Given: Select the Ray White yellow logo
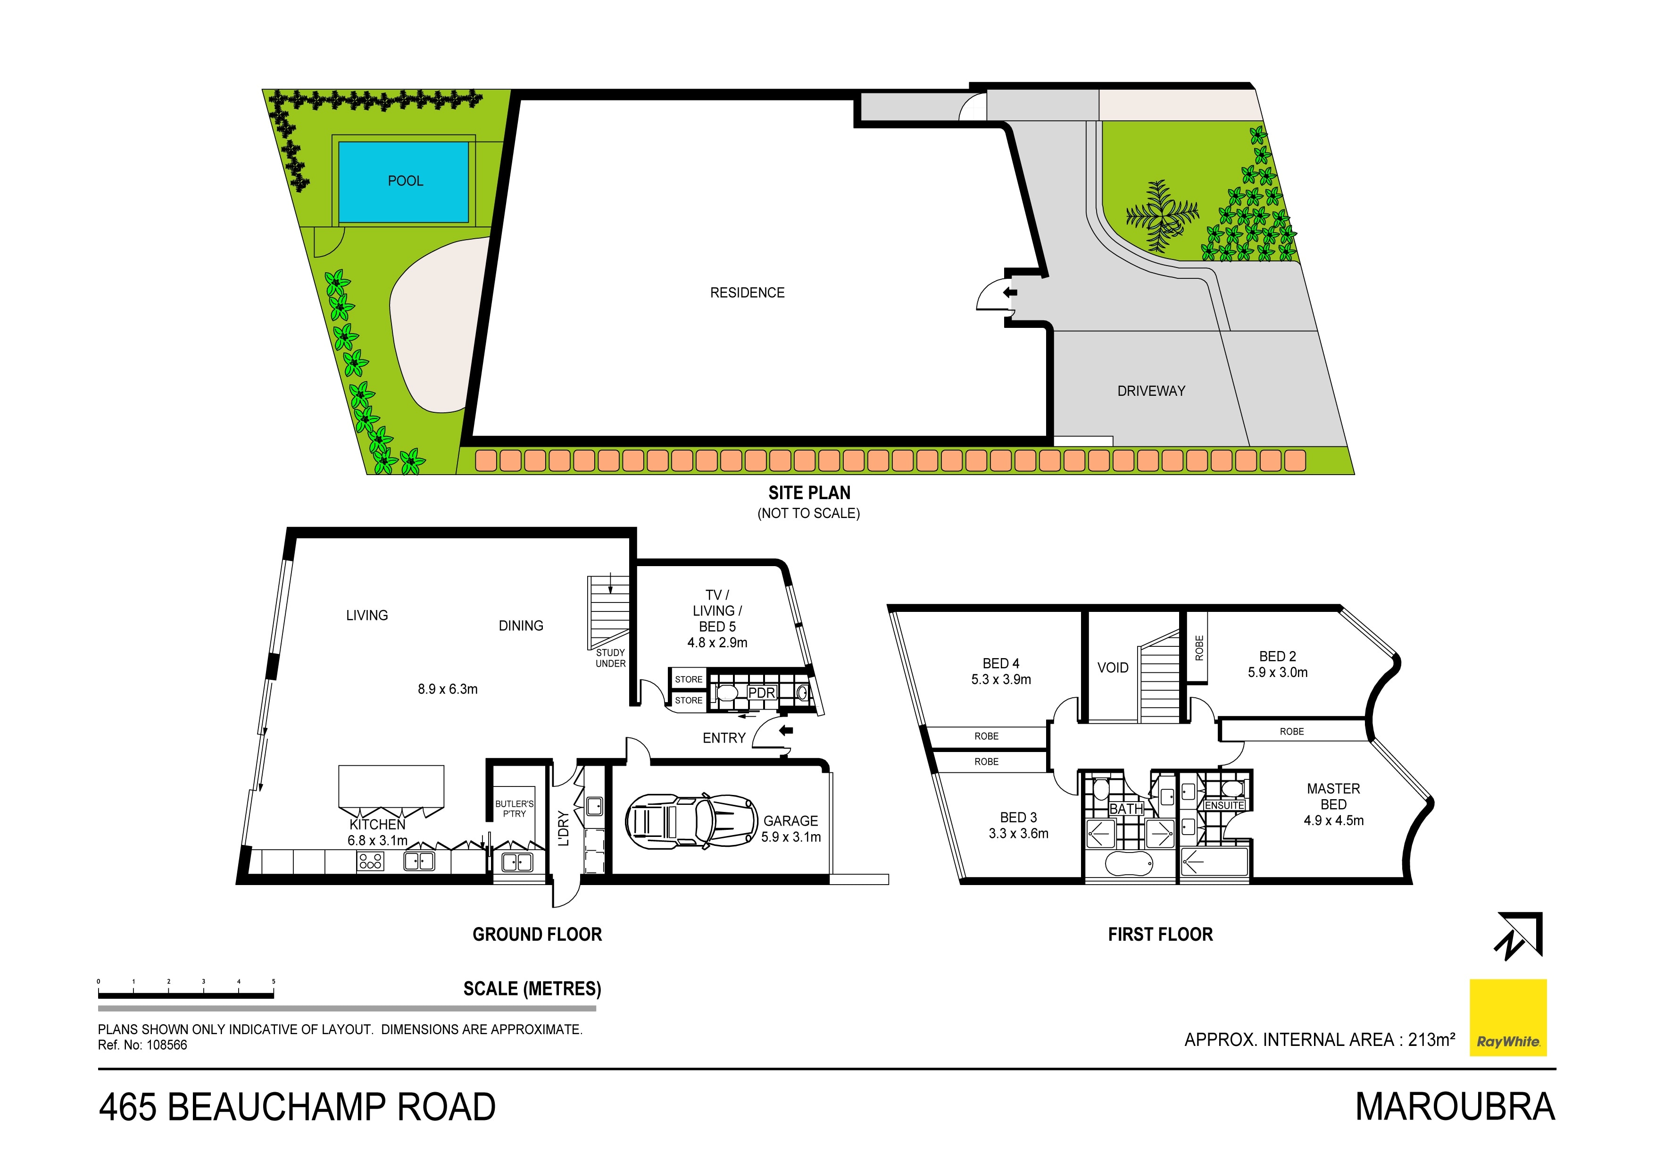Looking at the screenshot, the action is click(x=1508, y=1017).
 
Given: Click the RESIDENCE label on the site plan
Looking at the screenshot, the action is click(x=748, y=292).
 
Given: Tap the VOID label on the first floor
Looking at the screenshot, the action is click(x=1113, y=668).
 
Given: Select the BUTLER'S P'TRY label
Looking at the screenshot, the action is click(x=515, y=809).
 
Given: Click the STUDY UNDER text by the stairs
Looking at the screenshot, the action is click(x=610, y=658).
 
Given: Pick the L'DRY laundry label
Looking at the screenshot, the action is click(x=564, y=828).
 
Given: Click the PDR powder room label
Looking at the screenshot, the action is click(x=761, y=693).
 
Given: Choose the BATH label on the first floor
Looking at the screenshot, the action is click(x=1126, y=809).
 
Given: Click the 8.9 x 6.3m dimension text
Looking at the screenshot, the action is click(x=448, y=689).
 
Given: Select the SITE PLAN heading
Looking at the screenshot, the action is click(x=809, y=493).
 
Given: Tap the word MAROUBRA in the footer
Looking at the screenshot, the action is click(x=1455, y=1107).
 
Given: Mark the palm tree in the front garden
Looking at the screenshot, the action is click(x=1162, y=214).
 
